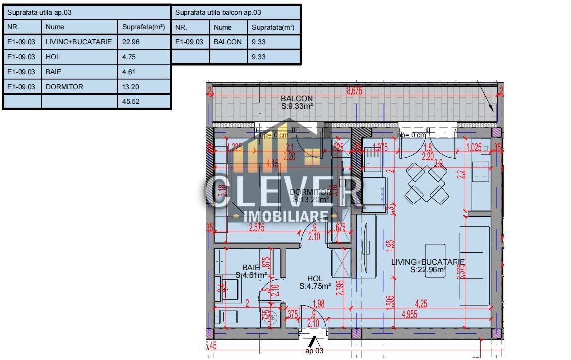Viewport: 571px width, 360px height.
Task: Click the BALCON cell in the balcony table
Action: click(228, 42)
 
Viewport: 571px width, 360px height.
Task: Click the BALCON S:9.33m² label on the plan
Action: click(297, 102)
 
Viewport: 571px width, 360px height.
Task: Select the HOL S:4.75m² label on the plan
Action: click(315, 282)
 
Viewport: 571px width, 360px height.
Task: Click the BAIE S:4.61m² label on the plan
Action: click(251, 271)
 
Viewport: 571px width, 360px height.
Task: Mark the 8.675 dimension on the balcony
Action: click(354, 91)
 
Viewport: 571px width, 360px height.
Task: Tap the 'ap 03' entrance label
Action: click(314, 351)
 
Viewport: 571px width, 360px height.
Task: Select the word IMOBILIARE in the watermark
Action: click(285, 216)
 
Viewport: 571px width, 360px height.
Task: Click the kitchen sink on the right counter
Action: click(480, 172)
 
